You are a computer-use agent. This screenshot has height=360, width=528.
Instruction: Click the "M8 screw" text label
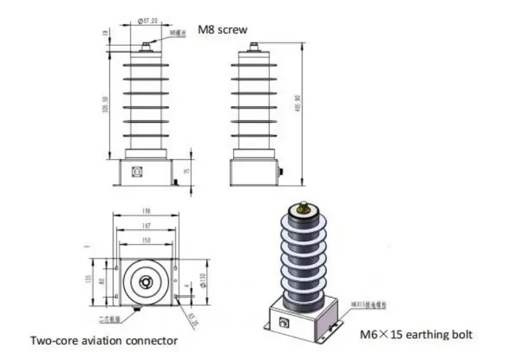[x=223, y=30]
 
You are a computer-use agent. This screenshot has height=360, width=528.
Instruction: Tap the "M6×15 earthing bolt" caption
[x=416, y=334]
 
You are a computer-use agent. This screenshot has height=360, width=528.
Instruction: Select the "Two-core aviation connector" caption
[x=104, y=341]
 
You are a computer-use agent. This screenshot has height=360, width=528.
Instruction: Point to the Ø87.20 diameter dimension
[x=147, y=21]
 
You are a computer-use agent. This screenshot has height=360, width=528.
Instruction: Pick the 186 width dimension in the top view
[x=147, y=211]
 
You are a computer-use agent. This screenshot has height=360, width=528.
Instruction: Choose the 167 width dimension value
[x=147, y=226]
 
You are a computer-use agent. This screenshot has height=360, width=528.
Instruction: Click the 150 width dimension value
[x=147, y=239]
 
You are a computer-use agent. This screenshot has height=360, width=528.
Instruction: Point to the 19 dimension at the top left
[x=105, y=32]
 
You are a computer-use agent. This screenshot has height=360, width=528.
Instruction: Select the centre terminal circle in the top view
[x=145, y=281]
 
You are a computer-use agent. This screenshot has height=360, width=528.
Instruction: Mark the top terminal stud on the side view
[x=253, y=47]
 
